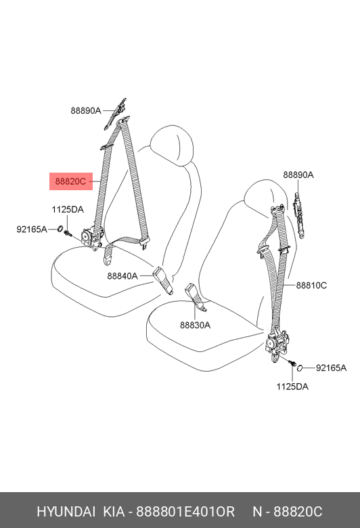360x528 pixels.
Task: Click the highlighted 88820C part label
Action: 71,181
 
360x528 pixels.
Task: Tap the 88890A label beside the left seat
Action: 85,111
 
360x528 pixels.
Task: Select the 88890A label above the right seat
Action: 298,175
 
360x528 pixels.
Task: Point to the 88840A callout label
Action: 122,276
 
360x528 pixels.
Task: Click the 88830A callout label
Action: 195,326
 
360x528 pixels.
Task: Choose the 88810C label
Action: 311,286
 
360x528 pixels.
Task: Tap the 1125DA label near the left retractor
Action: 68,210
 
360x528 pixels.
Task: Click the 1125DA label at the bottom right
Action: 292,387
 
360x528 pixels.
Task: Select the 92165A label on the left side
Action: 32,229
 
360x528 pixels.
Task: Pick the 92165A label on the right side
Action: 331,368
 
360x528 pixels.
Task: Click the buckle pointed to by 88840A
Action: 163,280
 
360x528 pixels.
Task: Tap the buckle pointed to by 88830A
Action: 195,296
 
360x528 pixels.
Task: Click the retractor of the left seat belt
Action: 91,238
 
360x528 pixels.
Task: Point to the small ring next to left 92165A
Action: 60,229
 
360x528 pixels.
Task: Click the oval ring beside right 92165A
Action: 300,368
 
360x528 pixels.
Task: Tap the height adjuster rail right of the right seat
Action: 299,215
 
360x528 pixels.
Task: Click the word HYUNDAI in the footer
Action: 66,512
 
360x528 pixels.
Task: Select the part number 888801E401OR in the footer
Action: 185,512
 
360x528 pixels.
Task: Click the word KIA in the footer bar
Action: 113,512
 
